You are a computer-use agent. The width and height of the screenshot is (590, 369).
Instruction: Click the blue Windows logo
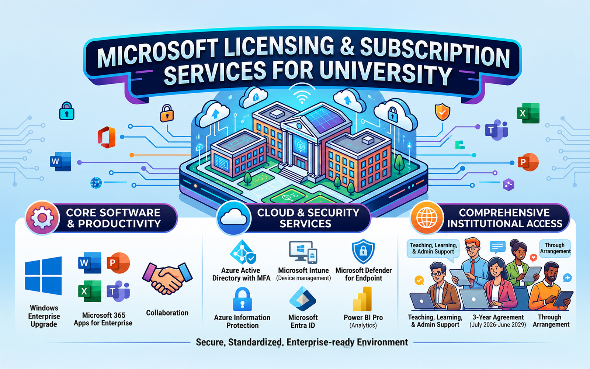click(43, 276)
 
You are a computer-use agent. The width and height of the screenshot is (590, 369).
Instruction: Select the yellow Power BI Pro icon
click(363, 299)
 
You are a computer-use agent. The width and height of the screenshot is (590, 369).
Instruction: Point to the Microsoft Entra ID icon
click(303, 299)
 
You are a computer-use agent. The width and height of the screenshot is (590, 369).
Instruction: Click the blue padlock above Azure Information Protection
click(242, 299)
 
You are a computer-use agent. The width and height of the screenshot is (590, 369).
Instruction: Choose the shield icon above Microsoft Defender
click(363, 251)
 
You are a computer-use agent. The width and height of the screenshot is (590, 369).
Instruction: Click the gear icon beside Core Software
click(42, 218)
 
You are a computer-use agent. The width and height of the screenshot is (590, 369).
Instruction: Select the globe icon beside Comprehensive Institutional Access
click(427, 218)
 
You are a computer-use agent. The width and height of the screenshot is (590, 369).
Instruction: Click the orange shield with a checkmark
click(442, 112)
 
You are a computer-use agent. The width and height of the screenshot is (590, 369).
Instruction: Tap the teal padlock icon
click(67, 111)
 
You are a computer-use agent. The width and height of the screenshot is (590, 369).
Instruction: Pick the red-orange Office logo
click(107, 137)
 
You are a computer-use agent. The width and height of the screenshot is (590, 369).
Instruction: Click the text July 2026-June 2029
click(497, 325)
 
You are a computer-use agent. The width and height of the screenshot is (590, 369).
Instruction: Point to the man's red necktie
click(472, 268)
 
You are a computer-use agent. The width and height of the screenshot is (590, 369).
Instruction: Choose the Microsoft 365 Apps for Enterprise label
click(103, 319)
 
